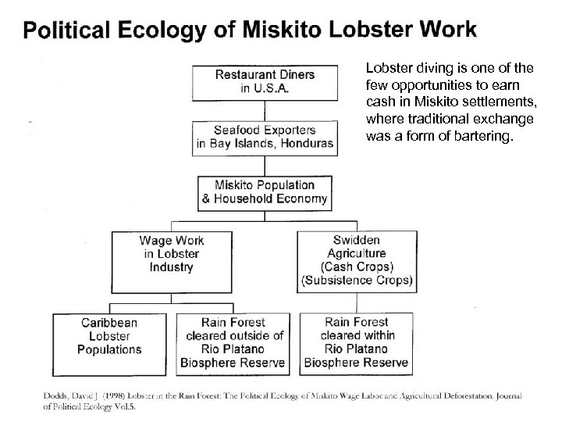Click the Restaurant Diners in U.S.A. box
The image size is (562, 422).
point(265,81)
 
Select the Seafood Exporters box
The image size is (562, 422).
point(265,136)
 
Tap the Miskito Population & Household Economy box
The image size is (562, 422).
point(265,192)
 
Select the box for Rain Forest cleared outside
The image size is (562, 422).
point(232,342)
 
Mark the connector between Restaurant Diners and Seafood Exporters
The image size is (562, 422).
point(265,109)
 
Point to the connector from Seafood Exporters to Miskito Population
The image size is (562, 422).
point(265,164)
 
